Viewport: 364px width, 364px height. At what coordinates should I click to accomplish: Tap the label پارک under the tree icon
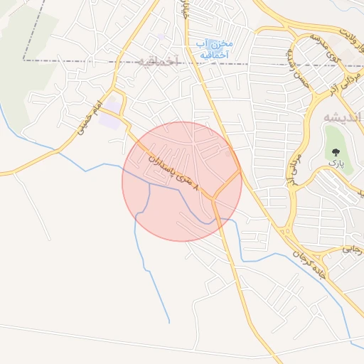click(x=336, y=164)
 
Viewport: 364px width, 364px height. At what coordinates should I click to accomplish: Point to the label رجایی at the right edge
click(x=353, y=250)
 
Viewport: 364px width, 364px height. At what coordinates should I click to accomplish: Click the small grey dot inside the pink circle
click(x=227, y=154)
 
